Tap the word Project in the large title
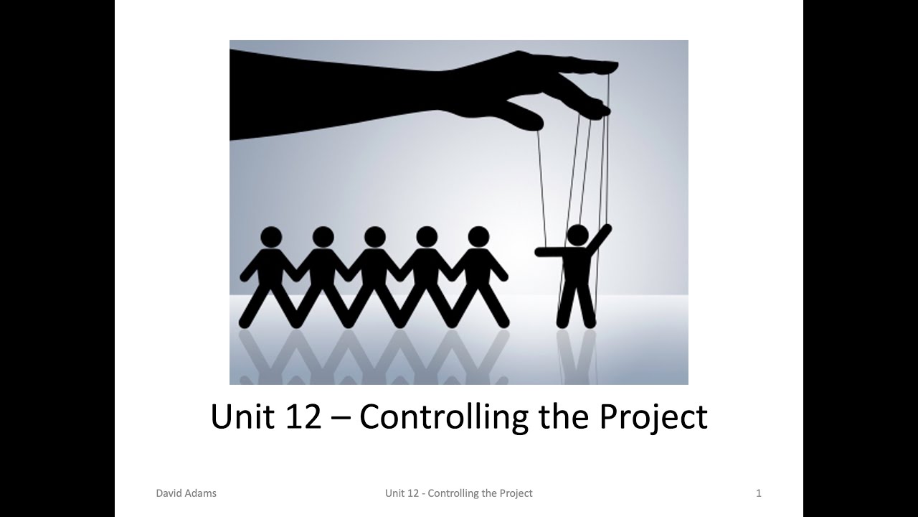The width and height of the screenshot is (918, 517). click(x=653, y=416)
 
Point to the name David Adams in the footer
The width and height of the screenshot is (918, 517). click(x=186, y=493)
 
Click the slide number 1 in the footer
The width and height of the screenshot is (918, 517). click(x=759, y=493)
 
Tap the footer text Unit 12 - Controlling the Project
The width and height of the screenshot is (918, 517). click(x=458, y=493)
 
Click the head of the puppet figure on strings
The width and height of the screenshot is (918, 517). click(x=577, y=235)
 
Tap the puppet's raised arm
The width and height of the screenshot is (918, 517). click(x=600, y=238)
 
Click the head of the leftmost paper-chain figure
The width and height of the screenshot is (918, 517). click(x=271, y=237)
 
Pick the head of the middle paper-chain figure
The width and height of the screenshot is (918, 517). click(x=374, y=237)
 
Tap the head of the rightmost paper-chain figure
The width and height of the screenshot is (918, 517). click(x=478, y=237)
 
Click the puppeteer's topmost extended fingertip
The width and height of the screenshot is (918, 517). click(x=610, y=67)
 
